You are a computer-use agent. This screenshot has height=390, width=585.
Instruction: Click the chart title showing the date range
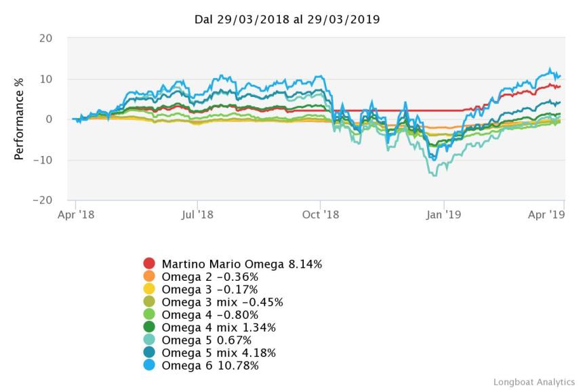tap(287, 19)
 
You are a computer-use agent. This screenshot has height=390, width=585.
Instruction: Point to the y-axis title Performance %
tap(19, 119)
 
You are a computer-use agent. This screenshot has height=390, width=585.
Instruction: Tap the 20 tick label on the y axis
tap(45, 38)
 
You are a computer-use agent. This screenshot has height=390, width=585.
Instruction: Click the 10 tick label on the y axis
tap(46, 79)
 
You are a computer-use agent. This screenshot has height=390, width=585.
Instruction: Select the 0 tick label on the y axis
tap(49, 119)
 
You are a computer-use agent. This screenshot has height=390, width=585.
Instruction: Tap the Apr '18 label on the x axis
tap(75, 214)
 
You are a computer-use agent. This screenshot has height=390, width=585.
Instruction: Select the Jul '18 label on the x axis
tap(197, 214)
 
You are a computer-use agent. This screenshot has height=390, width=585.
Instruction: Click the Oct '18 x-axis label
tap(321, 214)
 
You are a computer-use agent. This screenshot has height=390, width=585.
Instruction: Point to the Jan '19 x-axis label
tap(444, 214)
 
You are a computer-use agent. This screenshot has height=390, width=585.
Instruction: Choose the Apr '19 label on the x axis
tap(546, 214)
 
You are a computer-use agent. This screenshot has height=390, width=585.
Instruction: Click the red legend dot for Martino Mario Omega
tap(150, 264)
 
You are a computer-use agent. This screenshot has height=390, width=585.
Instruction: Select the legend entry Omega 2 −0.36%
tap(210, 277)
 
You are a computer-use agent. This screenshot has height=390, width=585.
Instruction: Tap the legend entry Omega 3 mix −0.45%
tap(222, 303)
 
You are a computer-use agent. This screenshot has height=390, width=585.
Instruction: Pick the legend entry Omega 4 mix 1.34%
tap(219, 328)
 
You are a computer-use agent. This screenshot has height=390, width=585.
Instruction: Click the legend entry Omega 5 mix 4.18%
tap(219, 353)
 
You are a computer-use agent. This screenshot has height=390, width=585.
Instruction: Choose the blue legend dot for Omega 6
tap(150, 366)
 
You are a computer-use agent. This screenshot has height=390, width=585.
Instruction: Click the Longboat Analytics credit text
tap(533, 382)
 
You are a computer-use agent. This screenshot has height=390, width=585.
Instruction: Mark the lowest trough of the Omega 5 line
tap(432, 176)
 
